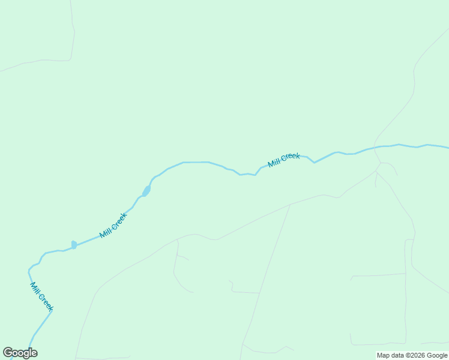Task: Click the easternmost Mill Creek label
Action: tap(284, 160)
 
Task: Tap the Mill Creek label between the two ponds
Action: tap(113, 226)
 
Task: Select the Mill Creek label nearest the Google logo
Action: tap(41, 296)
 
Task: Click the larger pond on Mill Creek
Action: tap(146, 191)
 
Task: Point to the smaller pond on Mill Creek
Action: tap(74, 245)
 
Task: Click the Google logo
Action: tap(20, 353)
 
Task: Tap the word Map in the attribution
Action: tap(383, 356)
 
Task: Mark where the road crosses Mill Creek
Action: tap(376, 146)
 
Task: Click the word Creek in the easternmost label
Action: tap(290, 158)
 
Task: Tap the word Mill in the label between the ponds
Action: tap(105, 232)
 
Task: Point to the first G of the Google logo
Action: tap(8, 353)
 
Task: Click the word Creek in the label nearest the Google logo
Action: tap(46, 302)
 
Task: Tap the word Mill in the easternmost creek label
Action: tap(274, 163)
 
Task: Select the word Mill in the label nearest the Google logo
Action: tap(35, 288)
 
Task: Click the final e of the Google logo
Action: tap(34, 353)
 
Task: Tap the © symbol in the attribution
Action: tap(408, 356)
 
